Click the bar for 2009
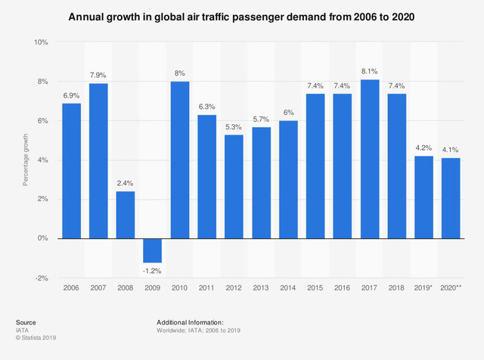[x=153, y=250]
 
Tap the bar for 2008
[x=126, y=215]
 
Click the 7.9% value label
[x=98, y=74]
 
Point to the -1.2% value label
[x=153, y=271]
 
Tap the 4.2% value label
[x=424, y=147]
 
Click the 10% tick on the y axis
[x=42, y=42]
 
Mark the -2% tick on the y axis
[x=42, y=278]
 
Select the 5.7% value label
[x=262, y=118]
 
